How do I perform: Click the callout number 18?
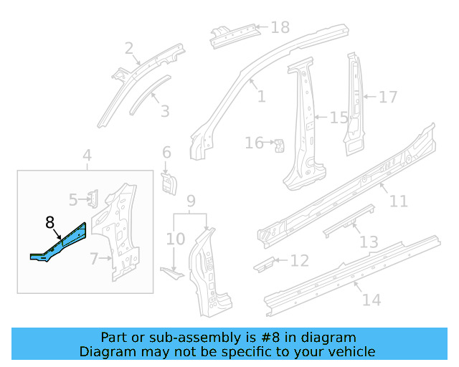pos(280,27)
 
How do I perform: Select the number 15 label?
pos(338,117)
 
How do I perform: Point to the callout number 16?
pos(254,143)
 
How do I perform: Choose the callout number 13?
pos(369,243)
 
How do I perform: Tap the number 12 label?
pos(299,260)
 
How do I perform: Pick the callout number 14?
pos(372,300)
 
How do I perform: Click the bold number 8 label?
pos(50,223)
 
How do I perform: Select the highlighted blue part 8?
pos(61,242)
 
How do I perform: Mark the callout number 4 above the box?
pos(87,156)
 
